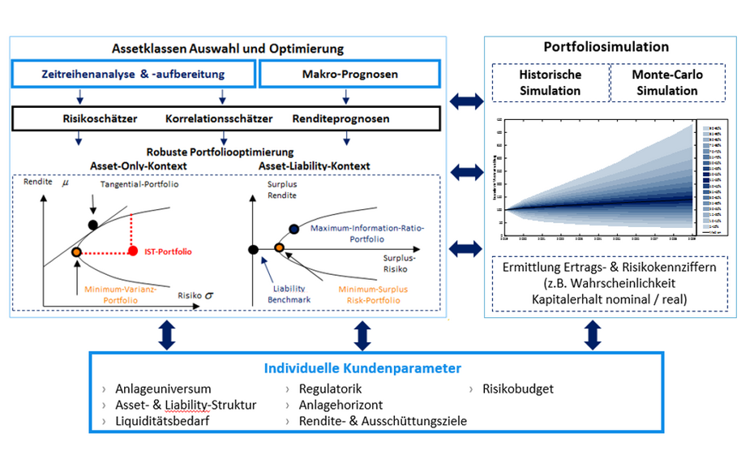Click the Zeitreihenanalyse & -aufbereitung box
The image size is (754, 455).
tap(133, 74)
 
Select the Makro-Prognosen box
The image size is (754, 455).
tap(349, 74)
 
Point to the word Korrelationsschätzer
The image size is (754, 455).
tap(219, 118)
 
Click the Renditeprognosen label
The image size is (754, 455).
tap(341, 118)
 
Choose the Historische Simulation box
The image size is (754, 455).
tap(551, 83)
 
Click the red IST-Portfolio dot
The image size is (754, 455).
tap(133, 251)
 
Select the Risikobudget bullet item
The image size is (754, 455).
tap(517, 388)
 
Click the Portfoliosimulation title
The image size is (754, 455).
tap(606, 47)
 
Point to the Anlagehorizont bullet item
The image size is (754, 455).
tap(341, 405)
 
